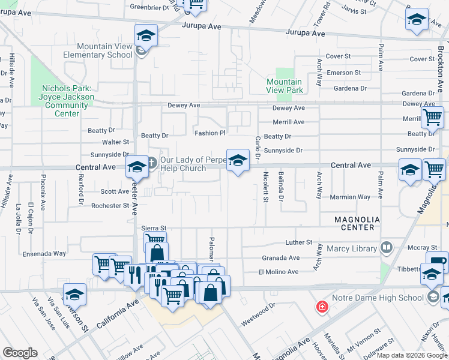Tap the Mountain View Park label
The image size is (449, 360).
click(x=284, y=86)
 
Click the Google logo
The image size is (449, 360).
click(x=20, y=352)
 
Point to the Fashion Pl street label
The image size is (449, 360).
click(x=209, y=133)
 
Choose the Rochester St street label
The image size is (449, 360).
click(x=110, y=206)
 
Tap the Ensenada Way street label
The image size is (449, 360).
click(x=44, y=254)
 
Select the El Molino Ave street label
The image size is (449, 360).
click(x=279, y=272)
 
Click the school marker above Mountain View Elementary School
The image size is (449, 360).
click(x=146, y=35)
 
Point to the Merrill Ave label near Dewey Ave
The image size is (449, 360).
click(x=289, y=122)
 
